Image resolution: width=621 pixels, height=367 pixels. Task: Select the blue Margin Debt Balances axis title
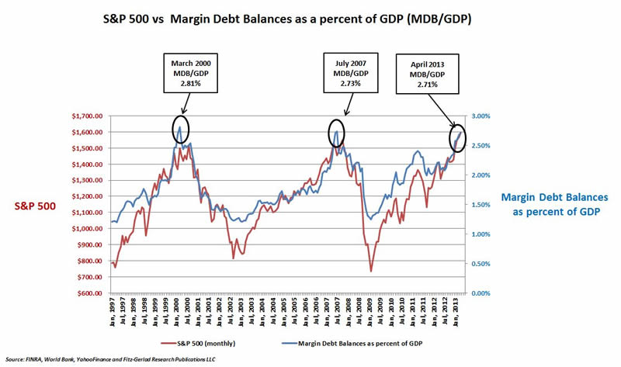(x=553, y=205)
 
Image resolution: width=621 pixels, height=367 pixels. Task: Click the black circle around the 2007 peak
(x=336, y=133)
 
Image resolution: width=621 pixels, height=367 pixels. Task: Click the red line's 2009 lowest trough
(x=370, y=271)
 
